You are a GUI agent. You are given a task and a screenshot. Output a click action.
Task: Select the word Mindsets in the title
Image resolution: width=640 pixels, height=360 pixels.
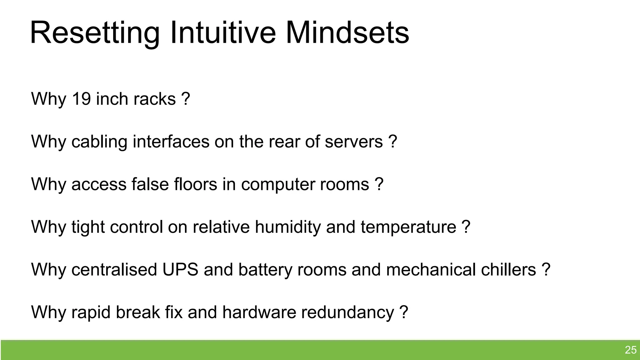pyautogui.click(x=347, y=32)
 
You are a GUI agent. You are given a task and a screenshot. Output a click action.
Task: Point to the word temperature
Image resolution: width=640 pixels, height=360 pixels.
pyautogui.click(x=408, y=227)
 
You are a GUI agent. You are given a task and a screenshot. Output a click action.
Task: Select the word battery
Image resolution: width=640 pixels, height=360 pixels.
pyautogui.click(x=265, y=270)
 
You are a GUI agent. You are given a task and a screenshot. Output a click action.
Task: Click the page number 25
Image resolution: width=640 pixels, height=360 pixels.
pyautogui.click(x=631, y=350)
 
